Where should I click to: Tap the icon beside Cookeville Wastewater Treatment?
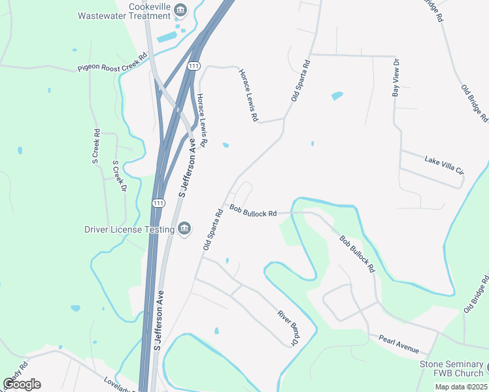coord(181,10)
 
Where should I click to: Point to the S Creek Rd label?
coord(96,145)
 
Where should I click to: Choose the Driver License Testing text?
coord(129,229)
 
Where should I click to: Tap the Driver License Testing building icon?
coord(184,228)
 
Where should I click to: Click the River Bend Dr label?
coord(288,328)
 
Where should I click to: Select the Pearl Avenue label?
coord(398,343)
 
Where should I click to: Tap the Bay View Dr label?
coord(395,78)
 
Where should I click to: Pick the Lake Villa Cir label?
coord(444,165)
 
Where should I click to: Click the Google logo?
coord(22,384)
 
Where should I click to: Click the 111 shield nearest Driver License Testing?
coord(158,203)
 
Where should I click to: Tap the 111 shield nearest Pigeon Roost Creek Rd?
coord(193,67)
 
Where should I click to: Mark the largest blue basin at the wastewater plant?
coord(166,37)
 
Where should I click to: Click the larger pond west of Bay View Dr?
coord(337,96)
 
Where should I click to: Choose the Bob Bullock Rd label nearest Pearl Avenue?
coord(358,253)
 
